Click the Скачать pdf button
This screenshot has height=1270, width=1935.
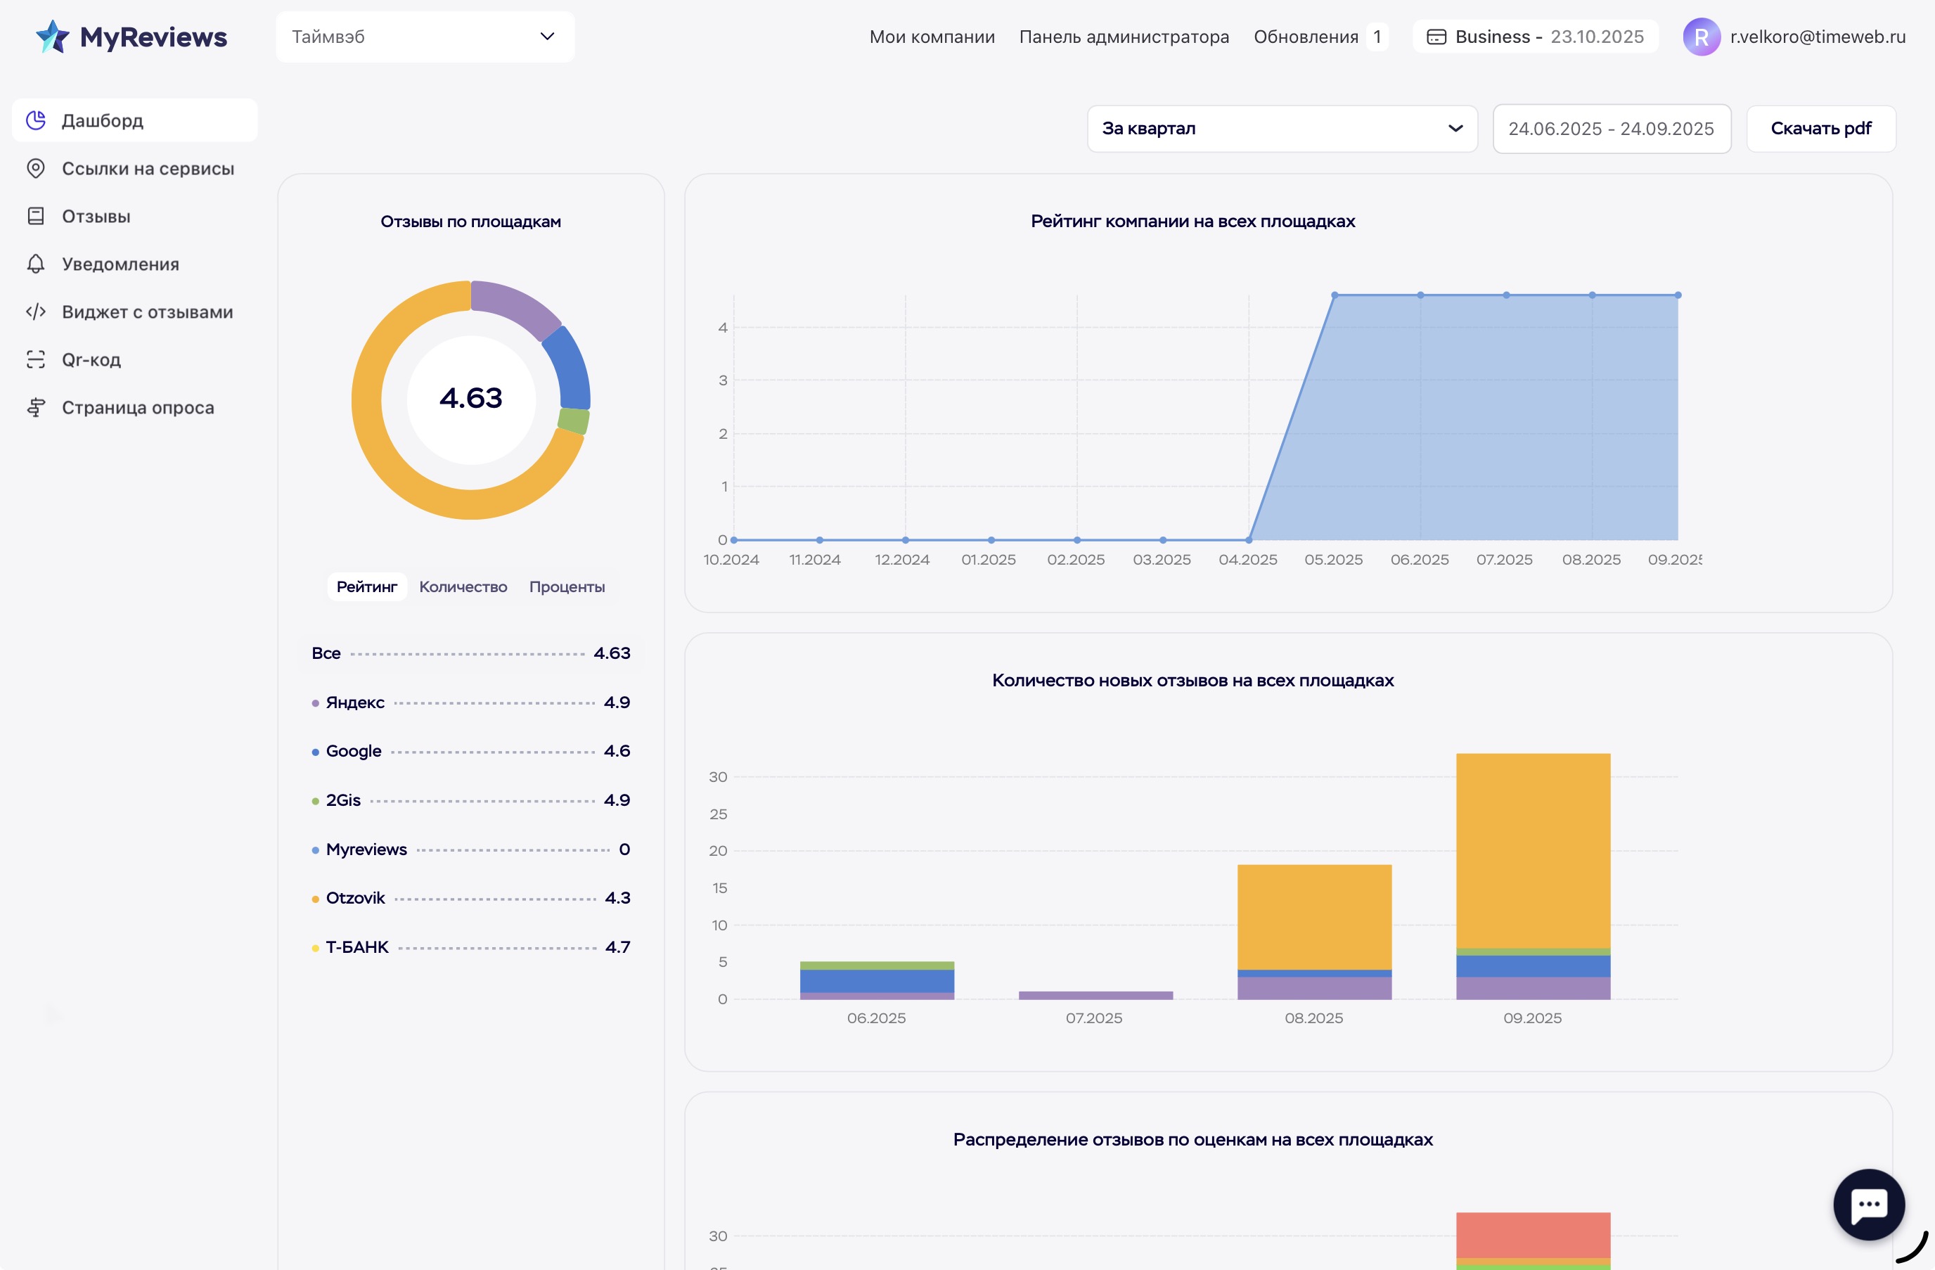[x=1820, y=129]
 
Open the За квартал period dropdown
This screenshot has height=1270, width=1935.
[x=1281, y=129]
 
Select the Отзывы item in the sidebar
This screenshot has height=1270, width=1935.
[x=96, y=217]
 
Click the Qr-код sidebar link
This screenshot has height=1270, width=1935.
[x=91, y=359]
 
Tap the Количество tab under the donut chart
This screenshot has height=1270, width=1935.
[x=463, y=587]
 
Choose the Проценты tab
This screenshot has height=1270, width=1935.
[x=567, y=587]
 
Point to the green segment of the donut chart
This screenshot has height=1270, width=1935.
[x=573, y=421]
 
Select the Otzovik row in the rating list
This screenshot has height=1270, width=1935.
[x=355, y=897]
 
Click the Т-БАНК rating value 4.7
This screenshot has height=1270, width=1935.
[x=617, y=947]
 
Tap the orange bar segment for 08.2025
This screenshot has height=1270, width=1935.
[x=1314, y=916]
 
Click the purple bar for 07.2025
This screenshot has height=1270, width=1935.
[x=1095, y=995]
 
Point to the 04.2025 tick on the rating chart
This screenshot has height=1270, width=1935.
[x=1248, y=559]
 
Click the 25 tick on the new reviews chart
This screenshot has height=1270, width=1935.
[x=718, y=814]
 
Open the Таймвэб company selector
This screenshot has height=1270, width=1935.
[x=425, y=37]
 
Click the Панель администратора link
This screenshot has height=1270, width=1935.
[x=1124, y=37]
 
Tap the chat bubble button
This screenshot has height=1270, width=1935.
[x=1867, y=1204]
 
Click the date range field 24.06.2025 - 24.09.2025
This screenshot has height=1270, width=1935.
[x=1611, y=129]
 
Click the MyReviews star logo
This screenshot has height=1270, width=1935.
[x=53, y=37]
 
